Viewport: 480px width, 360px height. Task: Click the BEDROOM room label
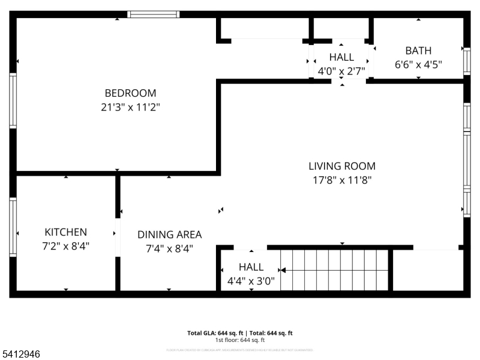point(130,93)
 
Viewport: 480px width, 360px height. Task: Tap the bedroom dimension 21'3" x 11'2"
point(130,107)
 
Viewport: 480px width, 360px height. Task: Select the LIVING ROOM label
point(342,166)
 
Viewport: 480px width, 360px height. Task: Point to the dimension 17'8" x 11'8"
point(342,180)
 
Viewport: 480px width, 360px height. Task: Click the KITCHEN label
point(65,232)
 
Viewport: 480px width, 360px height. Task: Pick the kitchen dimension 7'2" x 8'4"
point(65,246)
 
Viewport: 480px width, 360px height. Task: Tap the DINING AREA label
point(169,235)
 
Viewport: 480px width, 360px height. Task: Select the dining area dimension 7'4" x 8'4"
point(169,248)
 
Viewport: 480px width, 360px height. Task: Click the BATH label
point(418,51)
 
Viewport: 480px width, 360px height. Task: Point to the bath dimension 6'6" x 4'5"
point(418,65)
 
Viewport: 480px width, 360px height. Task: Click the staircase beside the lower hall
point(334,270)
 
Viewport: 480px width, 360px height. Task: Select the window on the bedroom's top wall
point(154,14)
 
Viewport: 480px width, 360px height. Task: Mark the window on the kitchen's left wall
point(13,227)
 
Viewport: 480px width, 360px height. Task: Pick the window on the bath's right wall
point(467,60)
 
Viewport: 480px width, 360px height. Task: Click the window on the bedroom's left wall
point(13,100)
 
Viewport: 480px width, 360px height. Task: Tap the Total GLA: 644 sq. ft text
point(215,333)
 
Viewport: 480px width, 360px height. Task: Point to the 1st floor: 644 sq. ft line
point(240,340)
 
